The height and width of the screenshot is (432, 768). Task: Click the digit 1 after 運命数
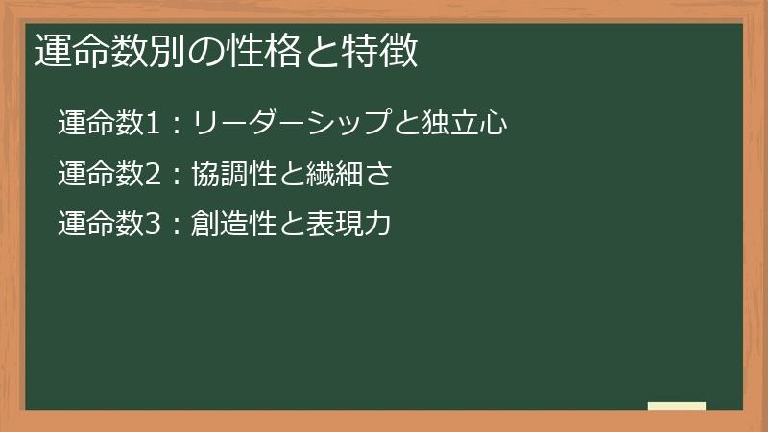[x=156, y=124]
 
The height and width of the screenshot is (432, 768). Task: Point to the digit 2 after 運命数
[x=156, y=175]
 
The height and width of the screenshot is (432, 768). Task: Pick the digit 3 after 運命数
[x=156, y=226]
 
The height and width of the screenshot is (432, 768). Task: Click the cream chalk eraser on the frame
[x=677, y=406]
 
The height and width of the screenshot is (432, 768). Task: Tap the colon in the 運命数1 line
[x=178, y=125]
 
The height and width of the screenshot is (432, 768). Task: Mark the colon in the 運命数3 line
[x=178, y=227]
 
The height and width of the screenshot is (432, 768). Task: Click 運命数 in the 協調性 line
[x=99, y=175]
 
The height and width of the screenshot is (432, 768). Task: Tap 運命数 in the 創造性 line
[x=99, y=226]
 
